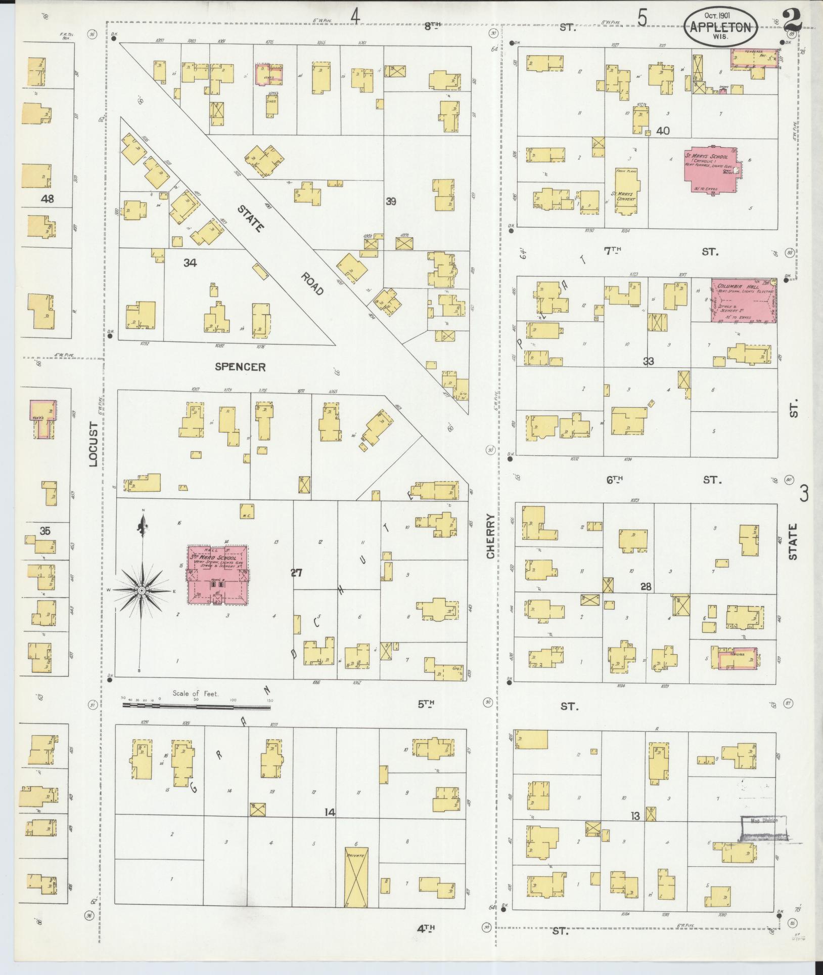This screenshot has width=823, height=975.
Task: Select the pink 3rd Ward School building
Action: pyautogui.click(x=217, y=574)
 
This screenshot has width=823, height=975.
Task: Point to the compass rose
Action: pyautogui.click(x=142, y=590)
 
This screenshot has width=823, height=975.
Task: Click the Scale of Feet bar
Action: pyautogui.click(x=197, y=703)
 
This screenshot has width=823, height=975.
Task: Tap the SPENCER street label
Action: pyautogui.click(x=240, y=367)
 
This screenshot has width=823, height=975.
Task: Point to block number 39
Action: pyautogui.click(x=390, y=201)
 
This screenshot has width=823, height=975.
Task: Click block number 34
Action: pyautogui.click(x=190, y=262)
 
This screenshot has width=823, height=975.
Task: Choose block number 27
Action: pyautogui.click(x=296, y=573)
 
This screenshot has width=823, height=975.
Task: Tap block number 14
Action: pyautogui.click(x=330, y=813)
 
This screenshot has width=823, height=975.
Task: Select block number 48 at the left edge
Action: pyautogui.click(x=48, y=199)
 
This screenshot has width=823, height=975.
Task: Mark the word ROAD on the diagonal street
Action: pyautogui.click(x=312, y=284)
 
